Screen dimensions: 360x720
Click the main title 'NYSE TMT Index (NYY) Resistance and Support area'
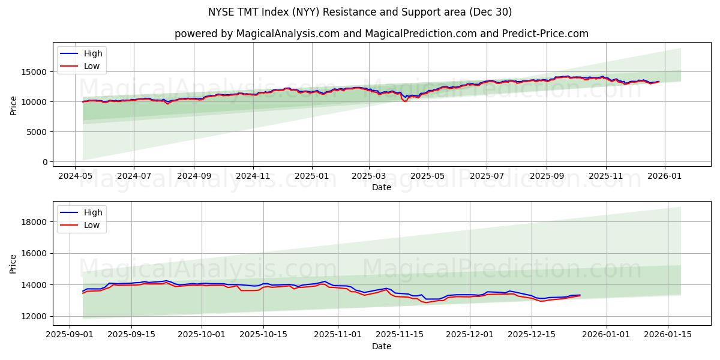point(360,12)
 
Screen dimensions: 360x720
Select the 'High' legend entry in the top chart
point(93,53)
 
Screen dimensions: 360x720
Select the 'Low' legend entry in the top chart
point(92,67)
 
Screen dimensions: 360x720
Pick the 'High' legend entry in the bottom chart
point(92,212)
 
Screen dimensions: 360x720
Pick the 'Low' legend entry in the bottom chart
point(92,225)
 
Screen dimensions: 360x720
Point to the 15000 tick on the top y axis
point(35,72)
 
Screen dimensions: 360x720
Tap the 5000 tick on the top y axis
point(37,132)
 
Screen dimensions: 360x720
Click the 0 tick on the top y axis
point(45,162)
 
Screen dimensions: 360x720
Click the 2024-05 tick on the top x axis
point(74,176)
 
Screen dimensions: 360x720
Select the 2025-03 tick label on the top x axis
point(368,176)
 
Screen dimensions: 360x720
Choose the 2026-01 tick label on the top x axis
point(664,176)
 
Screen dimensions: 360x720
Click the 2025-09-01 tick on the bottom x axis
point(70,335)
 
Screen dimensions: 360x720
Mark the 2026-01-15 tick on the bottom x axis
point(668,335)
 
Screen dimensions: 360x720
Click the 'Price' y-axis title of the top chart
point(14,105)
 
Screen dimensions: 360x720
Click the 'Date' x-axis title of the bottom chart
point(382,346)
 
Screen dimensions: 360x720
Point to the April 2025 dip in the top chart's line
point(405,100)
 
